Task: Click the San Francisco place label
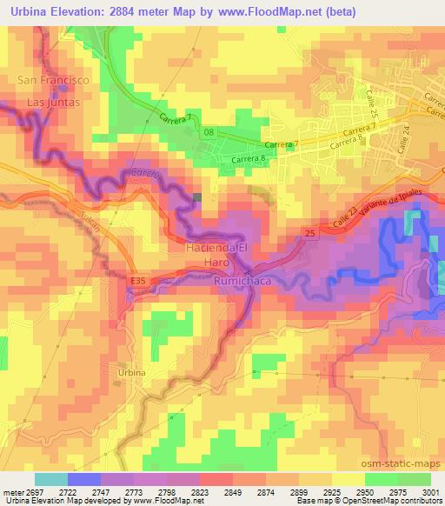(54, 80)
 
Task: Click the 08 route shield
(208, 132)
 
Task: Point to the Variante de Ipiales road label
(375, 207)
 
